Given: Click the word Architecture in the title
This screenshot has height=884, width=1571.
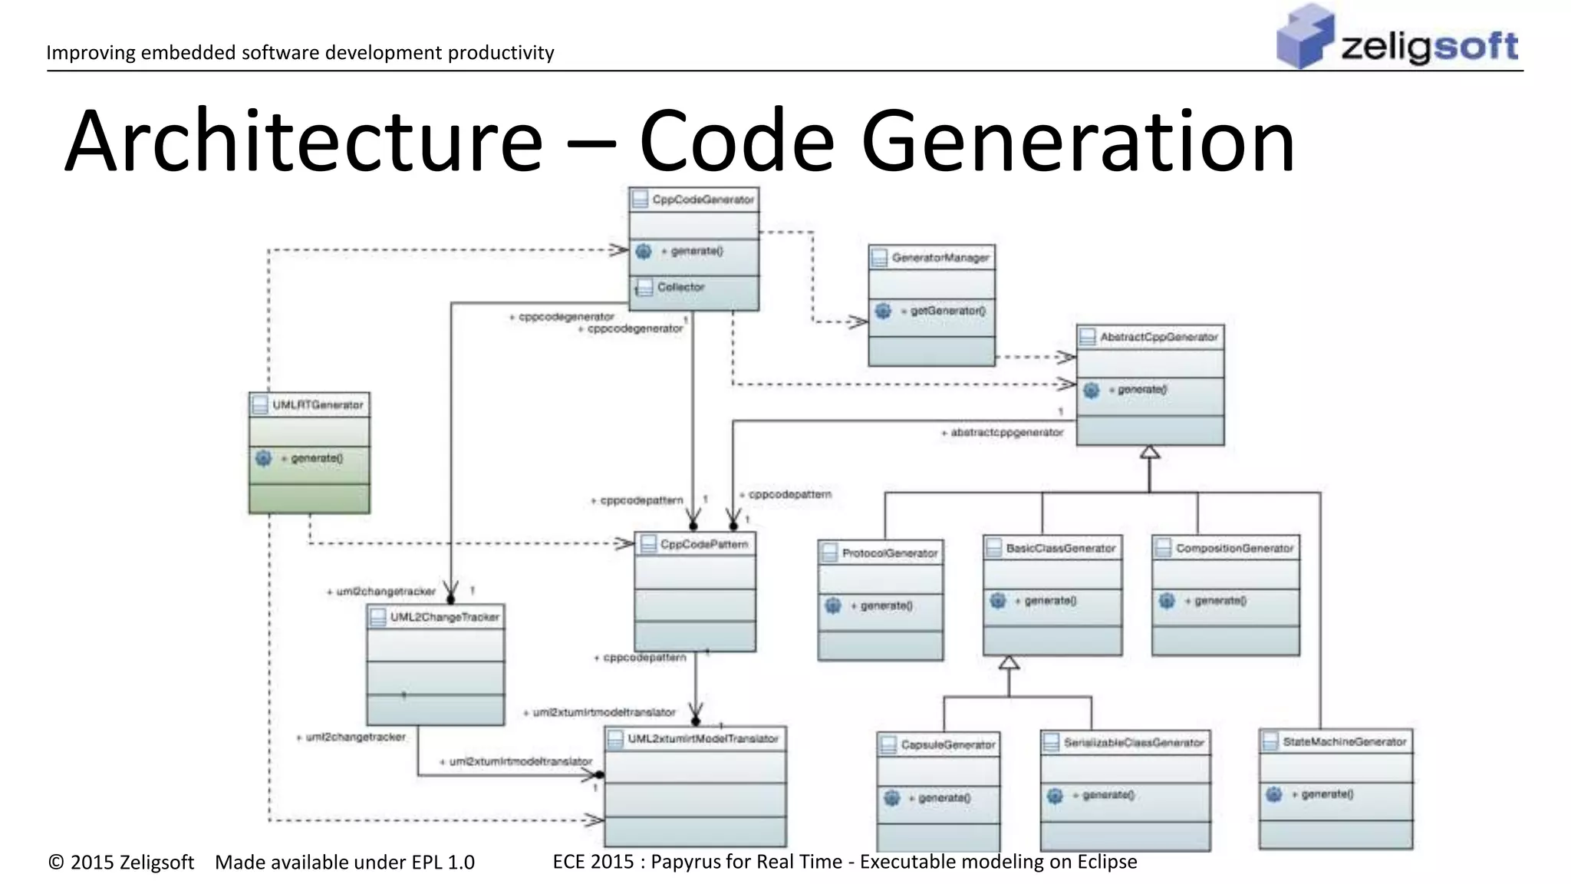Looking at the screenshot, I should (303, 142).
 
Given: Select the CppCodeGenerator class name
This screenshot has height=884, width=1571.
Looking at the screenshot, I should (703, 200).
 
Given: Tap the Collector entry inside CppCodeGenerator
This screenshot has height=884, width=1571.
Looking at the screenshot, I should (680, 287).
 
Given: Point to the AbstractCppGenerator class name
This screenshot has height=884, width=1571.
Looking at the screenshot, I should (1158, 337).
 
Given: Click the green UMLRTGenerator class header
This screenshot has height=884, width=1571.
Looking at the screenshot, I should (317, 404).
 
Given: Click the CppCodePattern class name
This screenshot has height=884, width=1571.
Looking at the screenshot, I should (703, 544).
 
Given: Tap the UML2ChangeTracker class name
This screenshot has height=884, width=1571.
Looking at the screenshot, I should (444, 617).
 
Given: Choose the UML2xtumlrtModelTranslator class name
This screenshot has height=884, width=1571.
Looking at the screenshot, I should (703, 738).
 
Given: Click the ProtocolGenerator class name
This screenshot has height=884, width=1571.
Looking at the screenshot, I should (890, 552).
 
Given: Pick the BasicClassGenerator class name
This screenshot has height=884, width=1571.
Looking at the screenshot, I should (1060, 548).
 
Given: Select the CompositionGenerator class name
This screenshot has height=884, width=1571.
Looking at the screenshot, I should (1234, 548).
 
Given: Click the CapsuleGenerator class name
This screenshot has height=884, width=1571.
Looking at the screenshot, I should (947, 744).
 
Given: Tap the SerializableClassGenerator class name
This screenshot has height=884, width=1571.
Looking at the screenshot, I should (1133, 742).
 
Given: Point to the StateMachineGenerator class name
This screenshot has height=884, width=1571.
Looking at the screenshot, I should (1344, 741).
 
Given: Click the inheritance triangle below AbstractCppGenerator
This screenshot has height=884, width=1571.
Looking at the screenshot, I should (1149, 453).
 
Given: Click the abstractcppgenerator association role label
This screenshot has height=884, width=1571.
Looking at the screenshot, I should (1006, 433).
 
